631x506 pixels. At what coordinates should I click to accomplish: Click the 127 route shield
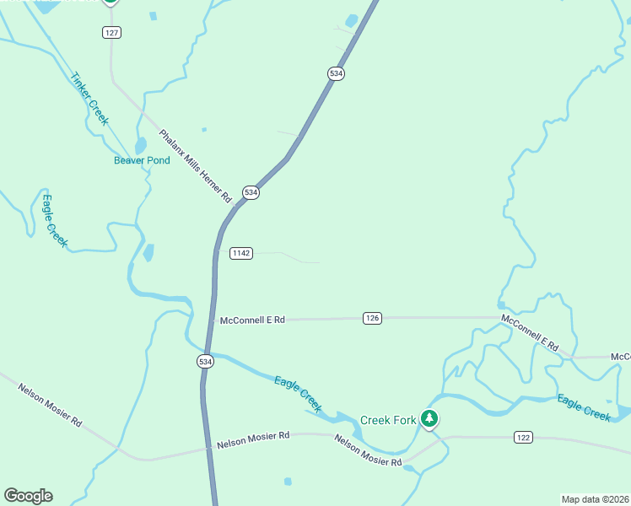[112, 32]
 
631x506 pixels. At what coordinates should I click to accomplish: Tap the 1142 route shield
[241, 253]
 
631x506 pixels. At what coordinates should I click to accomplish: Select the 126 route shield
[373, 318]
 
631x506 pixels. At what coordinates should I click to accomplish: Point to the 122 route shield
[524, 437]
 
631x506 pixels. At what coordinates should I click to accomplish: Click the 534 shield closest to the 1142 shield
[251, 192]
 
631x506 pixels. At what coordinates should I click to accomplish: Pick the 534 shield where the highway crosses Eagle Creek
[206, 361]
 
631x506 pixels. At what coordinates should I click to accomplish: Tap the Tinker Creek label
[89, 98]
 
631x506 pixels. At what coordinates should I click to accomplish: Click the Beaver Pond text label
[142, 160]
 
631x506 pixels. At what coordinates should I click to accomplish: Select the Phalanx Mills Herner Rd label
[195, 165]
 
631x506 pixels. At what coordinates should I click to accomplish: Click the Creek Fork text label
[388, 420]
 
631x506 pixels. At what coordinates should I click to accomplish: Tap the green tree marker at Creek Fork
[429, 418]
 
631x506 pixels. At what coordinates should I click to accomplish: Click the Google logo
[28, 496]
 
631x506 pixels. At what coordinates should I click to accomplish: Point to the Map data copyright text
[595, 498]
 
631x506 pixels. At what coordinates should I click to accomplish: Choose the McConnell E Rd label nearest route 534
[252, 320]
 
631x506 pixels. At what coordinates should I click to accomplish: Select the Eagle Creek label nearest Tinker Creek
[54, 221]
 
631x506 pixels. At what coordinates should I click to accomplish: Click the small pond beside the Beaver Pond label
[140, 147]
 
